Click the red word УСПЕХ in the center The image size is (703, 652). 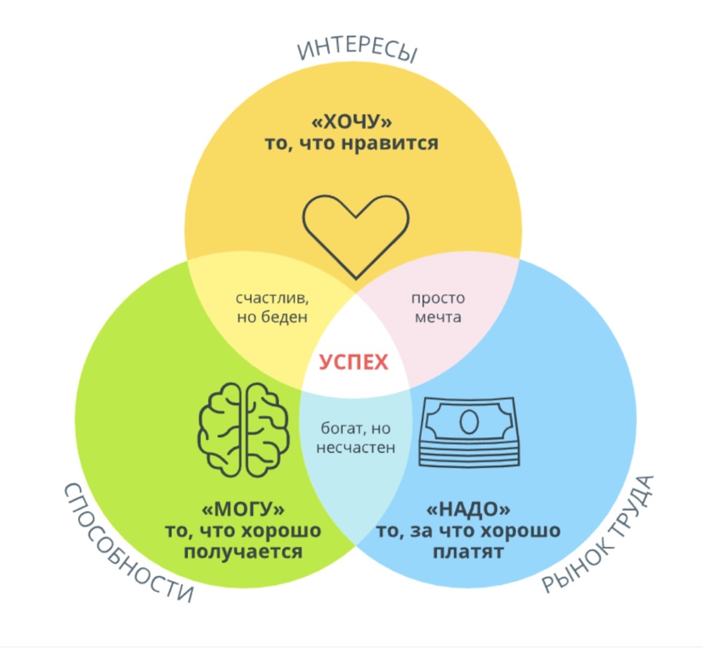tap(353, 363)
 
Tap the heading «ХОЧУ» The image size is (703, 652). tap(351, 122)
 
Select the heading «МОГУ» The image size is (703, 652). tap(243, 510)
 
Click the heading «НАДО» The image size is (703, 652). tap(468, 510)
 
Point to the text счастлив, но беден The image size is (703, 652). tap(272, 307)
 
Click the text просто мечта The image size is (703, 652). tap(438, 307)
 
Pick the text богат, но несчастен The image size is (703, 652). tap(356, 438)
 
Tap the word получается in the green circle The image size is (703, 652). tap(243, 552)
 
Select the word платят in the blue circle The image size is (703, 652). tap(468, 552)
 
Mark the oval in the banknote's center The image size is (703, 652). tap(469, 421)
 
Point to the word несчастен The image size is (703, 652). tap(356, 448)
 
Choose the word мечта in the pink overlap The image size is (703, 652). tap(438, 317)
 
